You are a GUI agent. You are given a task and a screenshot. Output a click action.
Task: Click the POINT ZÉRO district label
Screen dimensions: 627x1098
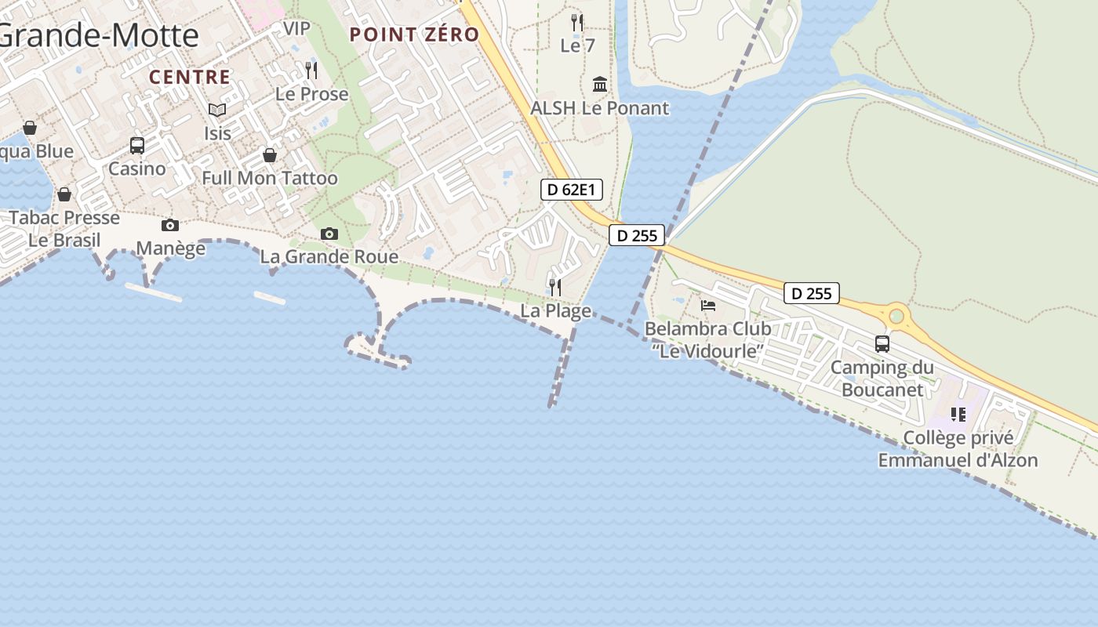click(x=414, y=34)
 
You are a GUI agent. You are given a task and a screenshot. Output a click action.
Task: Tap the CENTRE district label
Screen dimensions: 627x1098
click(x=190, y=77)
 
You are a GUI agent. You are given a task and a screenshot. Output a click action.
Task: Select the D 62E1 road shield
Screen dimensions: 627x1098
click(x=571, y=189)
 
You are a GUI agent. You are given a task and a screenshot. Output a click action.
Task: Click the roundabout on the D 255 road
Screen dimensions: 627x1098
click(x=896, y=317)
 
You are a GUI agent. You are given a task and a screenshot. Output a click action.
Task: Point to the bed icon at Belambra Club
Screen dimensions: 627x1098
click(x=708, y=305)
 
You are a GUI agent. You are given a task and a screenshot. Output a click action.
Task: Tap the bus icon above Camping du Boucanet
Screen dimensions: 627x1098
click(x=882, y=343)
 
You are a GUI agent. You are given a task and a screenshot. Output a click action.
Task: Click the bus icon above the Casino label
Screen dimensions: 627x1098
click(x=137, y=145)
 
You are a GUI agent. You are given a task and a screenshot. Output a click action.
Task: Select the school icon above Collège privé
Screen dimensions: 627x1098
click(x=958, y=414)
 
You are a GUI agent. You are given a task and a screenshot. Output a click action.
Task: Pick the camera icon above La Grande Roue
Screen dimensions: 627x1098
click(x=329, y=234)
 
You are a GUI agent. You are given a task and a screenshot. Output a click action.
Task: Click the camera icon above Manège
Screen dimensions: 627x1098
click(x=170, y=226)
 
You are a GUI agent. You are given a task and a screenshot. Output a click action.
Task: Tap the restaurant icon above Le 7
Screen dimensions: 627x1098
click(x=577, y=22)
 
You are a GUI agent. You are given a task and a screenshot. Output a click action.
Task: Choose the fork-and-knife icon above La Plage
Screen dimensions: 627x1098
click(x=555, y=287)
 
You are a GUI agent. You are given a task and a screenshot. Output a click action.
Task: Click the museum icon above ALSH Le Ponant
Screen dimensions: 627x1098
click(x=600, y=84)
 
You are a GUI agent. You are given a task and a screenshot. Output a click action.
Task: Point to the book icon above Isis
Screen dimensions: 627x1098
click(x=217, y=111)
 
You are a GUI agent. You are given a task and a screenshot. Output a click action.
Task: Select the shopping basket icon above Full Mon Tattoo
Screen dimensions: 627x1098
click(x=270, y=155)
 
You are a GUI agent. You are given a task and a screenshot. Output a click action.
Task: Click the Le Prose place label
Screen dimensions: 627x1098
click(x=311, y=94)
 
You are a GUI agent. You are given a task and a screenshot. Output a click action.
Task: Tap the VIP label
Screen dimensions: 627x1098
click(x=296, y=28)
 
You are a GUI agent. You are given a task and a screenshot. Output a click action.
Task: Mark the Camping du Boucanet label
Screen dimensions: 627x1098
click(x=882, y=378)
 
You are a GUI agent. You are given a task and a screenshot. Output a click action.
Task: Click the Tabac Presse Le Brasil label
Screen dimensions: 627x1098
click(x=64, y=228)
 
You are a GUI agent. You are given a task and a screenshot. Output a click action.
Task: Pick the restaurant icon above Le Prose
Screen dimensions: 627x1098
click(x=311, y=71)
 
